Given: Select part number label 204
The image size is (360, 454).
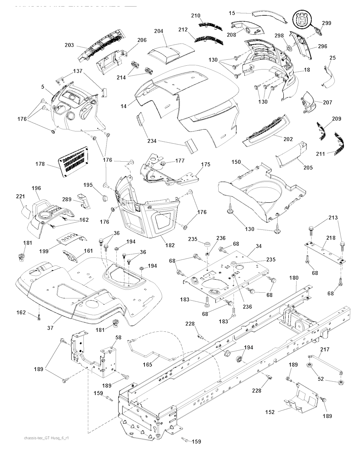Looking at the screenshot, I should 159,31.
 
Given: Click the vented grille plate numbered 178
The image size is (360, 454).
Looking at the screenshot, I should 73,160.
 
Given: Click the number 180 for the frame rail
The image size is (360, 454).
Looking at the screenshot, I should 294,278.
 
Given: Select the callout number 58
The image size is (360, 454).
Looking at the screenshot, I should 118,337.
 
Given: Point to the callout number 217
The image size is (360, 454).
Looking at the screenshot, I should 325,350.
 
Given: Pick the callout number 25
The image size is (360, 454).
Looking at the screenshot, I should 333,58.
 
